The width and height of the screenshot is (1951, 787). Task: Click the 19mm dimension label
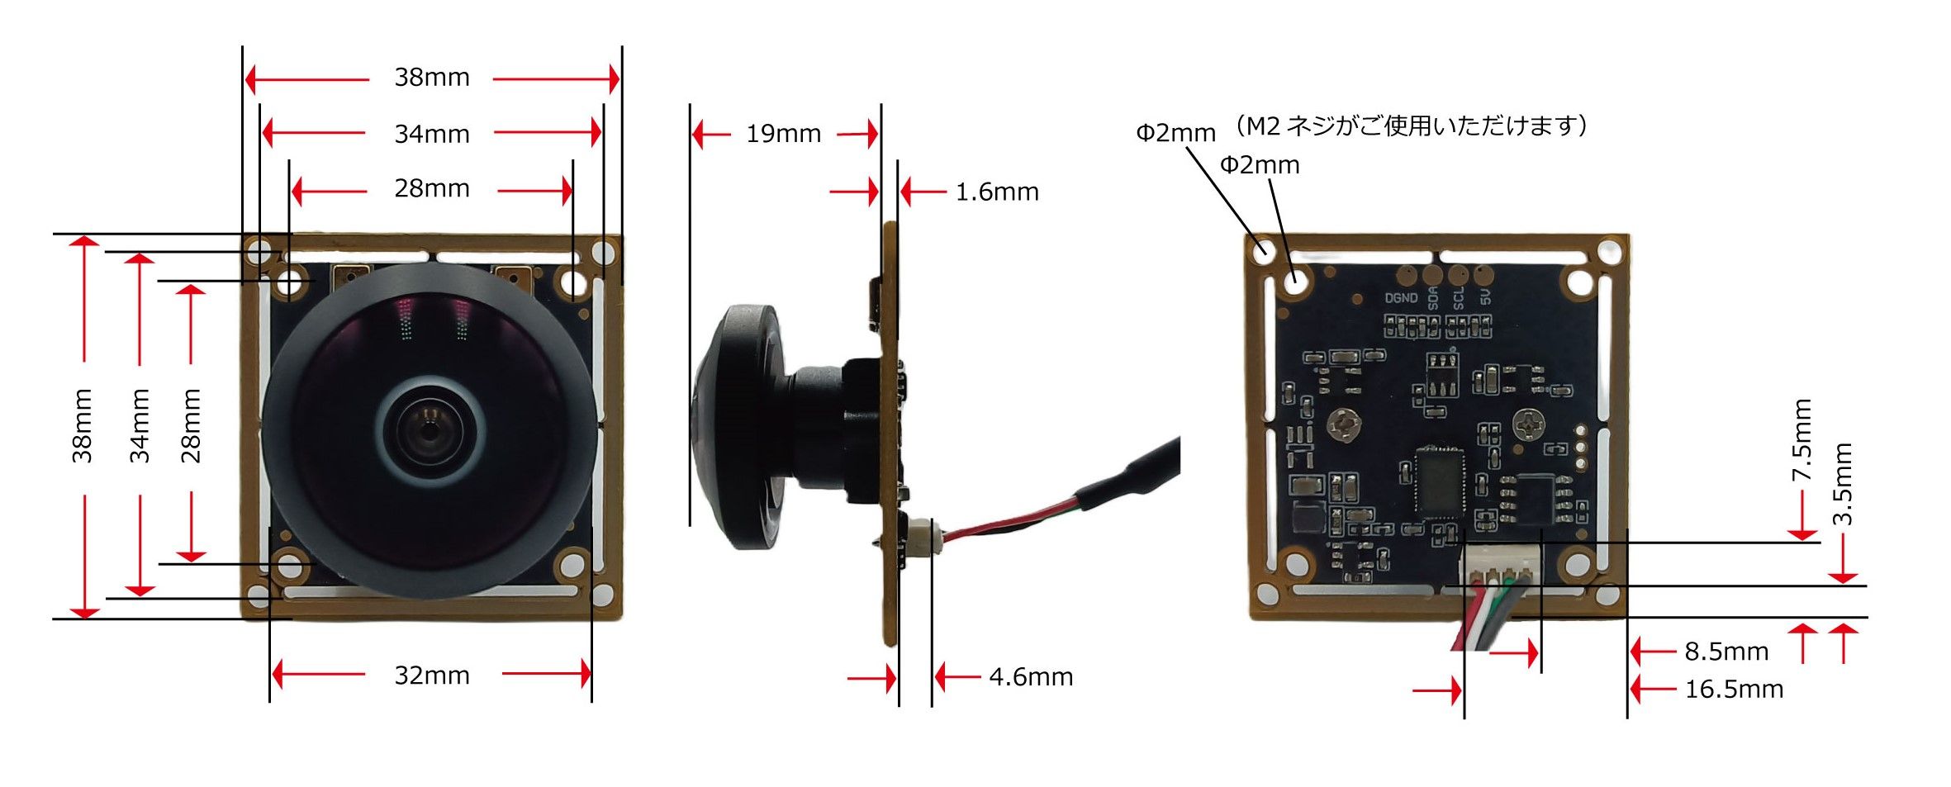coord(783,134)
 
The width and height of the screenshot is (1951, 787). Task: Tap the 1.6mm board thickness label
coord(996,192)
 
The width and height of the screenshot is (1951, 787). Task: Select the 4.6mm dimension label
coord(1030,677)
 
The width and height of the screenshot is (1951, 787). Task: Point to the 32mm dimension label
coord(432,676)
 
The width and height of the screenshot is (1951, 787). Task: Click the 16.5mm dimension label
coord(1733,689)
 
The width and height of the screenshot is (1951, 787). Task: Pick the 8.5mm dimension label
coord(1726,652)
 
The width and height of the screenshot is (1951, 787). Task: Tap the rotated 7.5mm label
coord(1801,439)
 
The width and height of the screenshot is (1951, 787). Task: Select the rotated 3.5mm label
coord(1843,484)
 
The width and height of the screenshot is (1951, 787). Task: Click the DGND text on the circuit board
coord(1401,298)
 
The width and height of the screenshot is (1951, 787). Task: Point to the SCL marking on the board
coord(1459,297)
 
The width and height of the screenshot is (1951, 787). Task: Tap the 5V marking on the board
coord(1486,296)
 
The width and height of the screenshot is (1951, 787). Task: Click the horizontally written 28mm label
coord(432,189)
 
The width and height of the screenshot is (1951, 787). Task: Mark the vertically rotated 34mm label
coord(140,425)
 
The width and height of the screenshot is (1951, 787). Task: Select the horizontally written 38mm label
coord(432,78)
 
